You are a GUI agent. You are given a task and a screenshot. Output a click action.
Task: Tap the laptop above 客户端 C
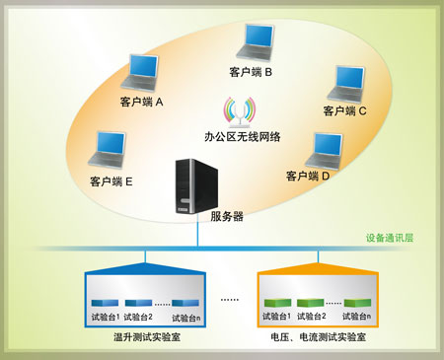(345, 83)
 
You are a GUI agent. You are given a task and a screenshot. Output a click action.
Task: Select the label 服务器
(227, 216)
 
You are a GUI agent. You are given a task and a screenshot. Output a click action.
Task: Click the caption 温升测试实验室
(147, 337)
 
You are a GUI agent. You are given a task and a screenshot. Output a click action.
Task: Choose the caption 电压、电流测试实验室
(318, 337)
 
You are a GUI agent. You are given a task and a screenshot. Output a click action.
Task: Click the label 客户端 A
(141, 102)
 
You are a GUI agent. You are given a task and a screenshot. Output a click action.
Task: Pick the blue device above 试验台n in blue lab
(185, 303)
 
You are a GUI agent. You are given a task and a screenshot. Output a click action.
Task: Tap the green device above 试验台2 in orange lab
(311, 303)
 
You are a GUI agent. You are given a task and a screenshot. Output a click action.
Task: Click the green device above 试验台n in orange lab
(355, 303)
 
